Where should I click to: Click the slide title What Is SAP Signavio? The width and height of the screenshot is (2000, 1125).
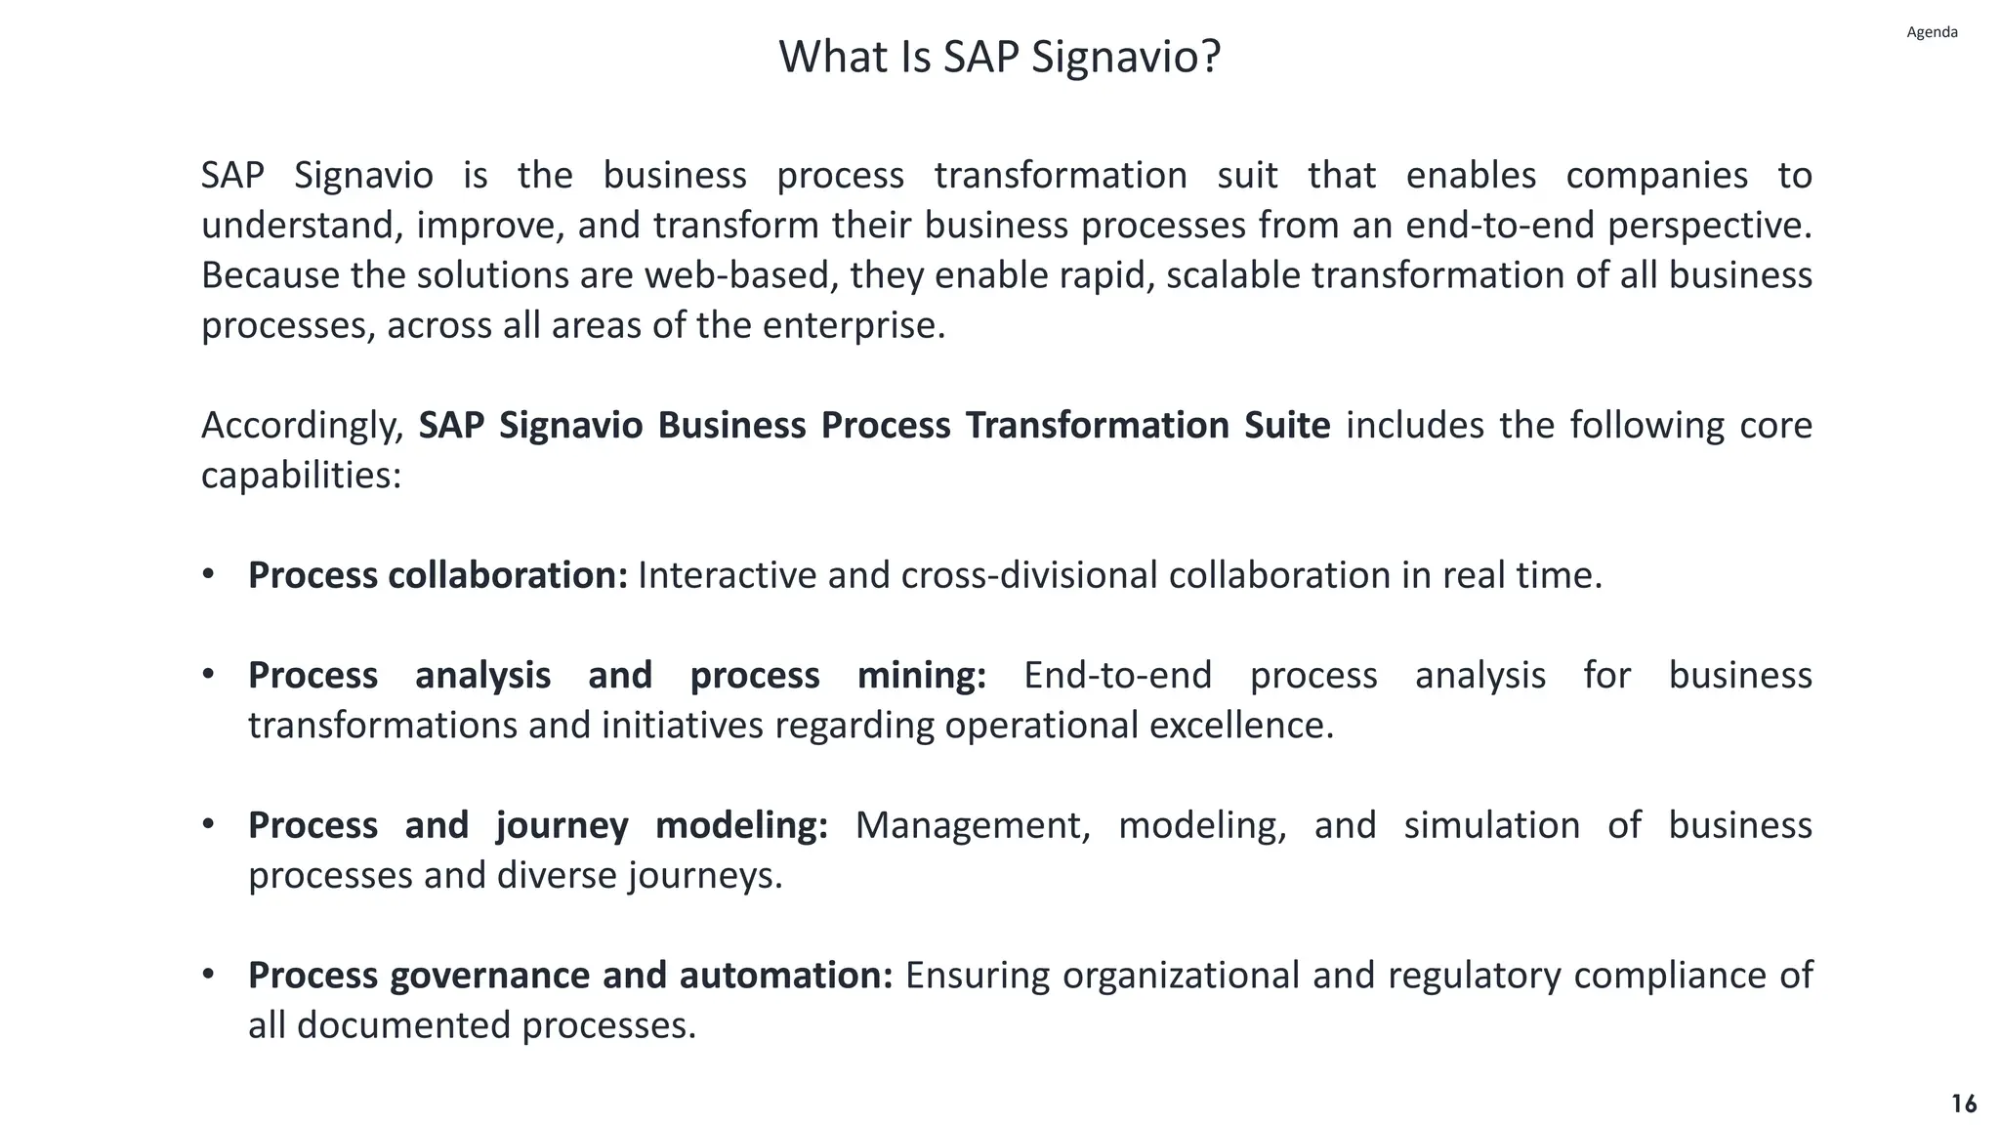999,57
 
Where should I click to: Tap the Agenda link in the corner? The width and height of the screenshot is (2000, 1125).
1932,32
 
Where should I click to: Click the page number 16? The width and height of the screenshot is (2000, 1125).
1964,1104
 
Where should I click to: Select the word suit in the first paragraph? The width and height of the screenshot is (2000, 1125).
1247,176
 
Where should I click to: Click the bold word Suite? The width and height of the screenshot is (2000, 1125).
1286,426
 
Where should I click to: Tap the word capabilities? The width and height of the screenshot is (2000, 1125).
301,477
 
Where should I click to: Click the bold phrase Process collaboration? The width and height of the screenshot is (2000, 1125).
437,575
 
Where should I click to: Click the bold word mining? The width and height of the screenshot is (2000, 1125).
921,676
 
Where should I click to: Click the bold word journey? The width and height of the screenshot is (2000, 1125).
562,826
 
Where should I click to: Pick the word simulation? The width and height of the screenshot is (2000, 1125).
1491,826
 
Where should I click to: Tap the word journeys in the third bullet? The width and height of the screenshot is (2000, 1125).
703,876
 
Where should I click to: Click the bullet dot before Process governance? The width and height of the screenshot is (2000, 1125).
208,975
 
